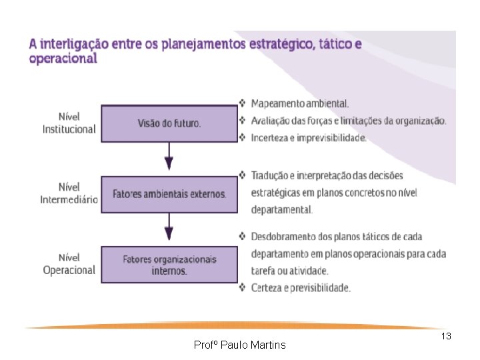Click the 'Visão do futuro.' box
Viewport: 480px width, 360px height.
click(x=169, y=123)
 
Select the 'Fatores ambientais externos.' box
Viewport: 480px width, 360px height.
click(x=169, y=194)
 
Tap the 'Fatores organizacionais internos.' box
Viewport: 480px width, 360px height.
click(x=169, y=265)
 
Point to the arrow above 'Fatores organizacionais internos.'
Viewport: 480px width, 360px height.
click(x=169, y=229)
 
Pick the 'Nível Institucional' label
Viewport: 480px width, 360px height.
click(x=69, y=123)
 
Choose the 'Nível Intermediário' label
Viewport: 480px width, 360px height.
click(x=69, y=193)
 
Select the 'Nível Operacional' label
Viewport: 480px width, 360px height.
click(x=69, y=264)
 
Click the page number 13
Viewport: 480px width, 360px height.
click(x=446, y=337)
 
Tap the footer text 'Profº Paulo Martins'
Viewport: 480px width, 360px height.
click(x=239, y=345)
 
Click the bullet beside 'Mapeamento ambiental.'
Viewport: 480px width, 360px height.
click(x=243, y=103)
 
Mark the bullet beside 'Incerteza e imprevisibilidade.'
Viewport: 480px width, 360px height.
click(x=243, y=138)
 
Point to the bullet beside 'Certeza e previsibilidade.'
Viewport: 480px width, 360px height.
click(x=243, y=288)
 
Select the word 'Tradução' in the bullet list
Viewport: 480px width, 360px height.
click(x=270, y=175)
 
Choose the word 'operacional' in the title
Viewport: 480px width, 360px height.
click(x=63, y=59)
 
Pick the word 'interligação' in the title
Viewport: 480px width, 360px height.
click(x=73, y=45)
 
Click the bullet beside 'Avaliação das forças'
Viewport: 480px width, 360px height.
click(x=243, y=121)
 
